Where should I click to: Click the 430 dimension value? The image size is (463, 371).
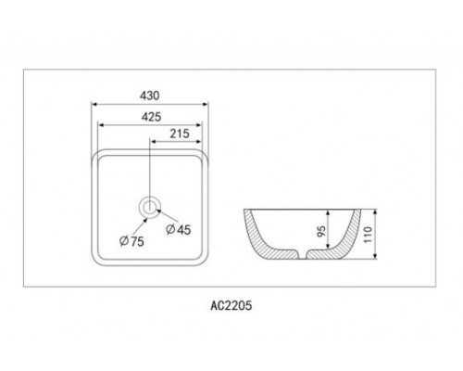[x=150, y=96]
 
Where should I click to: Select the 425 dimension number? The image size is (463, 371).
[x=151, y=117]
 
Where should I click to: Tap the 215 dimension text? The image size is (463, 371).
[x=180, y=134]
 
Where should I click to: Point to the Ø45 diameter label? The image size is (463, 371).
[x=179, y=229]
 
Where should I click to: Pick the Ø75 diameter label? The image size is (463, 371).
[x=131, y=241]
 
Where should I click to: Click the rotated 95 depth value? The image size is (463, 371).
[x=321, y=231]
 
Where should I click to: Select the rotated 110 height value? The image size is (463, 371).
[x=368, y=235]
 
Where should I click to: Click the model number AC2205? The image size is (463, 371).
[x=231, y=305]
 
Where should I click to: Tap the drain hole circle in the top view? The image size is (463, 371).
[x=150, y=206]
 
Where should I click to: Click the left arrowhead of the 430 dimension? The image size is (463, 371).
[x=94, y=104]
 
